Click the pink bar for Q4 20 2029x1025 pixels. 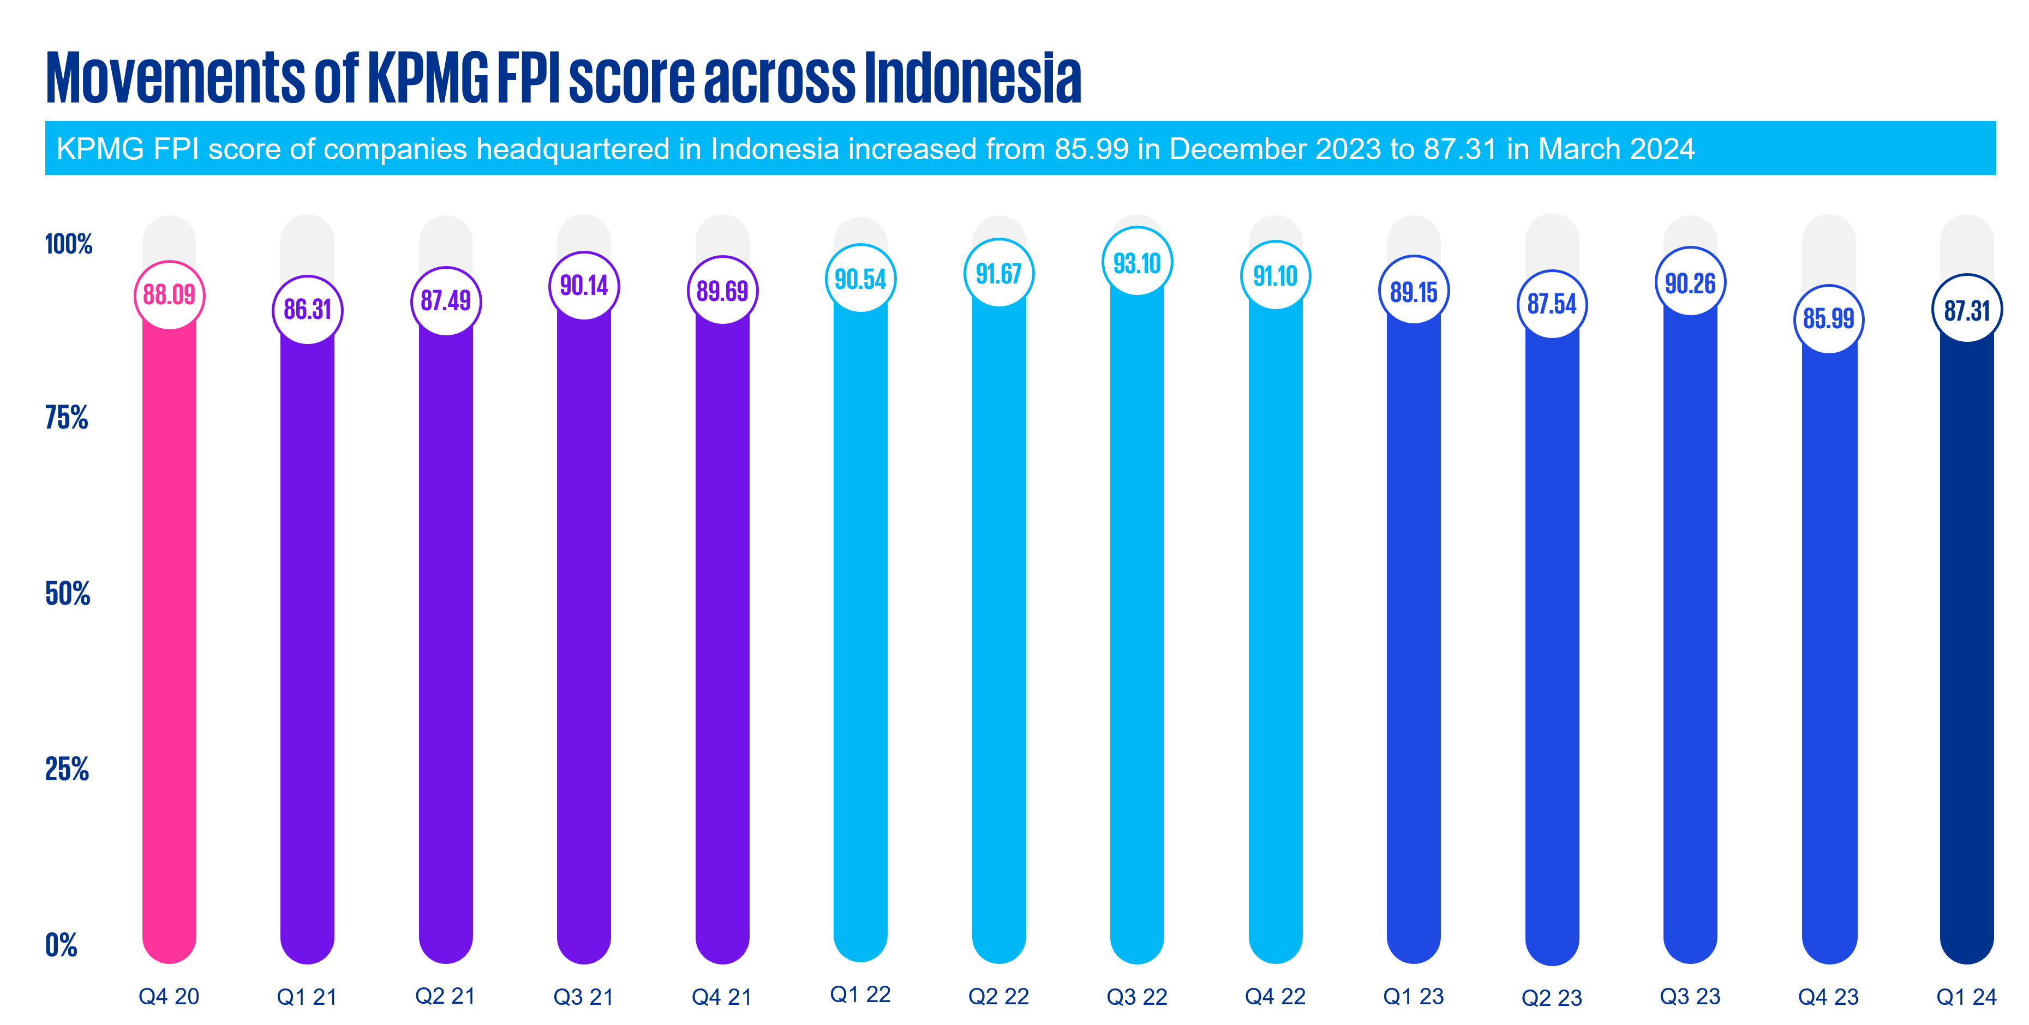coord(169,630)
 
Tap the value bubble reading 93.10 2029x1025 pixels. coord(1136,263)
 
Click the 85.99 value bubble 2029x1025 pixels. coord(1828,318)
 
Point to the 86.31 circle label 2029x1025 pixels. coord(307,309)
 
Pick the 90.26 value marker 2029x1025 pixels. coord(1690,282)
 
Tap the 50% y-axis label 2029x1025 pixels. coord(67,594)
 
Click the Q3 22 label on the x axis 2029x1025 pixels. coord(1136,997)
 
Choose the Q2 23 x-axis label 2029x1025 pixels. coord(1552,997)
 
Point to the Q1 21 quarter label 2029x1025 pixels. coord(307,997)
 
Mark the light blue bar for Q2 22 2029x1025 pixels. coord(999,630)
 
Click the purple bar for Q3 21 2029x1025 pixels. coord(584,630)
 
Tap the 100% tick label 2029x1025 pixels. coord(69,244)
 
